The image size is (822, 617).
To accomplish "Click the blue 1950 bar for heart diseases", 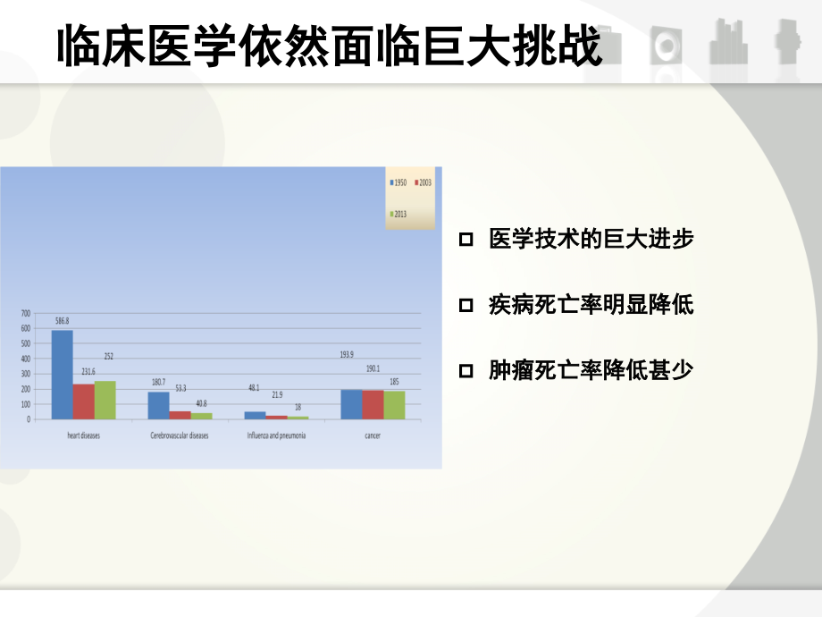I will [62, 375].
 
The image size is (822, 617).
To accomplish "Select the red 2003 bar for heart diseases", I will [83, 401].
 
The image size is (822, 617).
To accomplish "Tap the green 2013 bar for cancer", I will [394, 405].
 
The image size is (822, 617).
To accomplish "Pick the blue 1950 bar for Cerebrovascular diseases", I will [158, 405].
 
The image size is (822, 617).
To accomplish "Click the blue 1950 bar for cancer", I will [351, 404].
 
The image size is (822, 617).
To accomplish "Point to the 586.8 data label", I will [62, 321].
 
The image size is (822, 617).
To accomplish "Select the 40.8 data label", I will [201, 403].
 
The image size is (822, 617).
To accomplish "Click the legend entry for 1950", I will [398, 182].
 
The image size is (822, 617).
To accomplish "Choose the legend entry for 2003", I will [424, 182].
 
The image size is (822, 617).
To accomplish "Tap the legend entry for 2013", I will [398, 214].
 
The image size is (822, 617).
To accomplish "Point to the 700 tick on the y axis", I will [25, 313].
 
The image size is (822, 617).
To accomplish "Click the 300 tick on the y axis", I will [25, 374].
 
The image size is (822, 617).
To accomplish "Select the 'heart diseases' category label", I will [83, 435].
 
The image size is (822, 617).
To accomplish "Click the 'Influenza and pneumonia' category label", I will [276, 435].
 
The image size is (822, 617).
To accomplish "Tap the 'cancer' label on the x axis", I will [373, 435].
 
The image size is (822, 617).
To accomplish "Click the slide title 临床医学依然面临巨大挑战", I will [329, 47].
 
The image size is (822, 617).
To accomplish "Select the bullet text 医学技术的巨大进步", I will [591, 240].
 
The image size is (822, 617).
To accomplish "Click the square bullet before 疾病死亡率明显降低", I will [465, 305].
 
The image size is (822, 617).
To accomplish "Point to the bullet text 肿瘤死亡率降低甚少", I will [591, 369].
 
